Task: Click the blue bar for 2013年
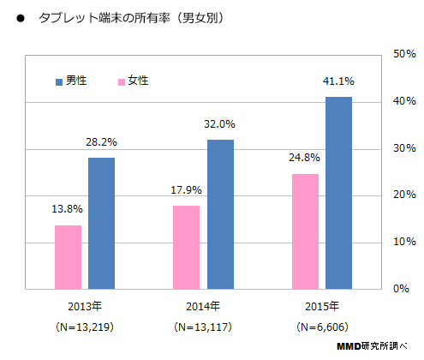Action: (x=101, y=223)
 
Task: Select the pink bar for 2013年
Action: (x=69, y=256)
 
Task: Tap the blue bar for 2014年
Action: (x=220, y=214)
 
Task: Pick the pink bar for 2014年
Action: (x=187, y=247)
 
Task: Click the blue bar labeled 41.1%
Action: (x=338, y=193)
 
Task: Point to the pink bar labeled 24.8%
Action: (x=305, y=231)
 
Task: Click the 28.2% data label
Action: (x=102, y=141)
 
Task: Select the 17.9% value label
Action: (x=187, y=189)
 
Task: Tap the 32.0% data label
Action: (x=220, y=123)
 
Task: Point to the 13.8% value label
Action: (x=69, y=209)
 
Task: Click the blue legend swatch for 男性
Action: (x=58, y=81)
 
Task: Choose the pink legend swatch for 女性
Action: (x=121, y=81)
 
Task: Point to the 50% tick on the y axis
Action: (x=403, y=54)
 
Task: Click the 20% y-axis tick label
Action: (x=403, y=195)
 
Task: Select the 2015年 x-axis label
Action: (x=321, y=306)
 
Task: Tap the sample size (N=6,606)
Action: (x=321, y=327)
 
